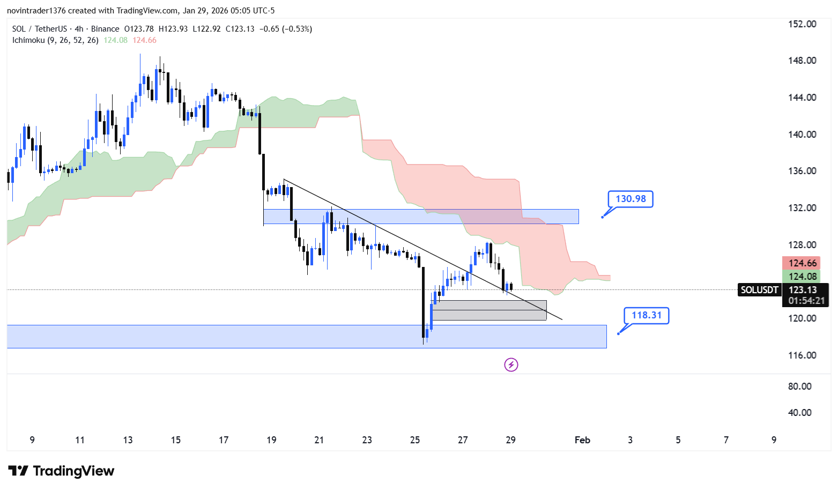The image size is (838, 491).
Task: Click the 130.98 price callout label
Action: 631,199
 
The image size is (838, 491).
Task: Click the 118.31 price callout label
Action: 647,315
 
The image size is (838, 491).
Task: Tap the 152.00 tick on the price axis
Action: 802,24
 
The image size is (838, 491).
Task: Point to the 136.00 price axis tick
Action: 802,171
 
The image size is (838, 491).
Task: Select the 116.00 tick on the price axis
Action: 802,355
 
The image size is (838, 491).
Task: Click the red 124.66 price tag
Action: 802,263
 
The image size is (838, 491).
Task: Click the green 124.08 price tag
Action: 802,277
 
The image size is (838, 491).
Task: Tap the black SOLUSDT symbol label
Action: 759,290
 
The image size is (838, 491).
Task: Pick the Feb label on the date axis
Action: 582,440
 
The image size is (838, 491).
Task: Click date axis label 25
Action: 415,440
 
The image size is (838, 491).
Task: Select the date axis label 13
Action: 128,440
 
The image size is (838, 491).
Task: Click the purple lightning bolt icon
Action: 511,365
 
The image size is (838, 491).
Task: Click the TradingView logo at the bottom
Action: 62,471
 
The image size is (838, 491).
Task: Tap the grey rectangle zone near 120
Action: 489,311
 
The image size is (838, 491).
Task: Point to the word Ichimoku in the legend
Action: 28,40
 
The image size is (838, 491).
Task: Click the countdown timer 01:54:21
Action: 806,301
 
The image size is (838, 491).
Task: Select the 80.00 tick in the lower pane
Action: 799,386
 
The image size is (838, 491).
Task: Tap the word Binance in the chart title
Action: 105,29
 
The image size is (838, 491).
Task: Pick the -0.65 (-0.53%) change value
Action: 285,29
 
